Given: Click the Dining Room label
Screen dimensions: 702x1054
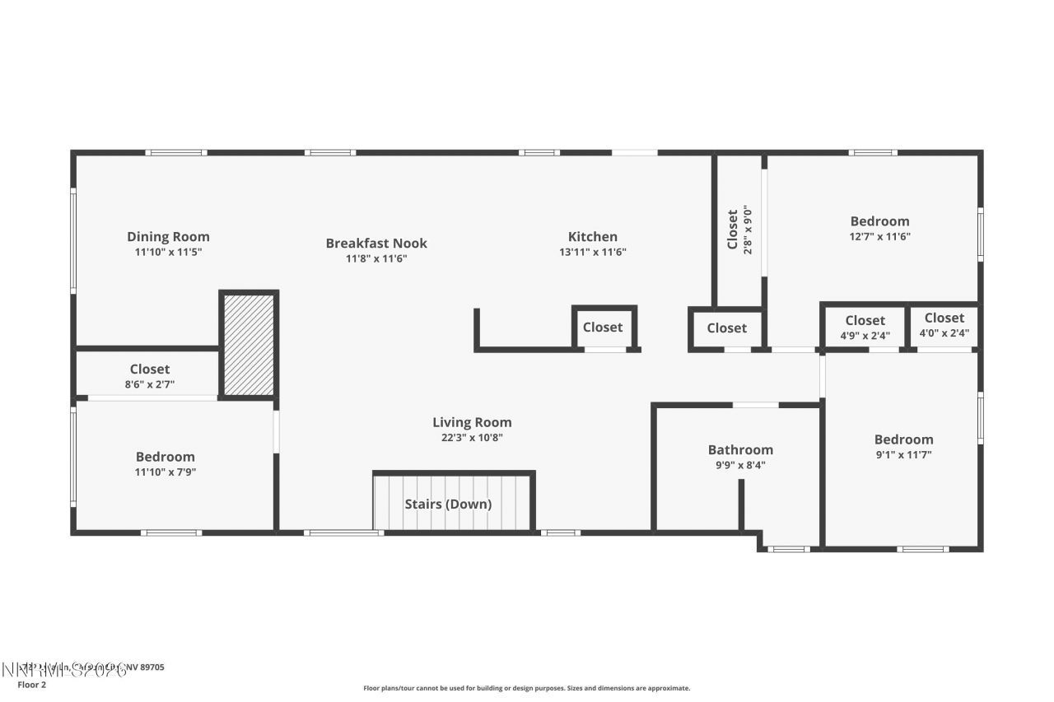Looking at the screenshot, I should click(x=168, y=237).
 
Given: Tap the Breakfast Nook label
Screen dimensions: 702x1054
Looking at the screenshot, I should click(x=376, y=243).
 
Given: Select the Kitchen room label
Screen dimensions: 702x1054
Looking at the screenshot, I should click(x=592, y=237).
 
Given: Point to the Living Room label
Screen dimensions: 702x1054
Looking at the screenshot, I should click(x=472, y=423).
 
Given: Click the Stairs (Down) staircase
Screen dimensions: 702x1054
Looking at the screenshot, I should click(x=448, y=504).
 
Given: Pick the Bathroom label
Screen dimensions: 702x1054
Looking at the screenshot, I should click(x=740, y=450).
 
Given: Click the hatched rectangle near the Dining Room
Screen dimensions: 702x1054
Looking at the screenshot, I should click(x=249, y=344).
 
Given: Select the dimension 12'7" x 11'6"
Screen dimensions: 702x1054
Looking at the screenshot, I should click(x=879, y=236).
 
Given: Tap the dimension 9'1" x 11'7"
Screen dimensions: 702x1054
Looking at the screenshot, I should click(x=903, y=454).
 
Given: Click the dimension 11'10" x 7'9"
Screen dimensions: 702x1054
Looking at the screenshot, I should click(x=166, y=472).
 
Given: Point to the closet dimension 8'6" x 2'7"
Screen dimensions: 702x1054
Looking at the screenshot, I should click(x=149, y=384).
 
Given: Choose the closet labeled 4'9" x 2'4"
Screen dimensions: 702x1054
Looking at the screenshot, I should click(x=865, y=335).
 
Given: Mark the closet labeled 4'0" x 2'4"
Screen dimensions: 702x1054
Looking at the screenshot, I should click(x=944, y=333).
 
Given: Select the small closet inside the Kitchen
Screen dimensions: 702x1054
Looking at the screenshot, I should click(x=603, y=328).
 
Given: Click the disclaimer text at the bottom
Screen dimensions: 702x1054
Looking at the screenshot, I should click(x=527, y=688).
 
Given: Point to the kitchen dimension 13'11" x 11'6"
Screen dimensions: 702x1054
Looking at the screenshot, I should click(x=592, y=253).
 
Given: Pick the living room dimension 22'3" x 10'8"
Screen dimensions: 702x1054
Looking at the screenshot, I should click(x=472, y=438).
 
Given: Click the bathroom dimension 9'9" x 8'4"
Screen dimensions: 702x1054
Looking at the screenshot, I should click(x=740, y=465).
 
